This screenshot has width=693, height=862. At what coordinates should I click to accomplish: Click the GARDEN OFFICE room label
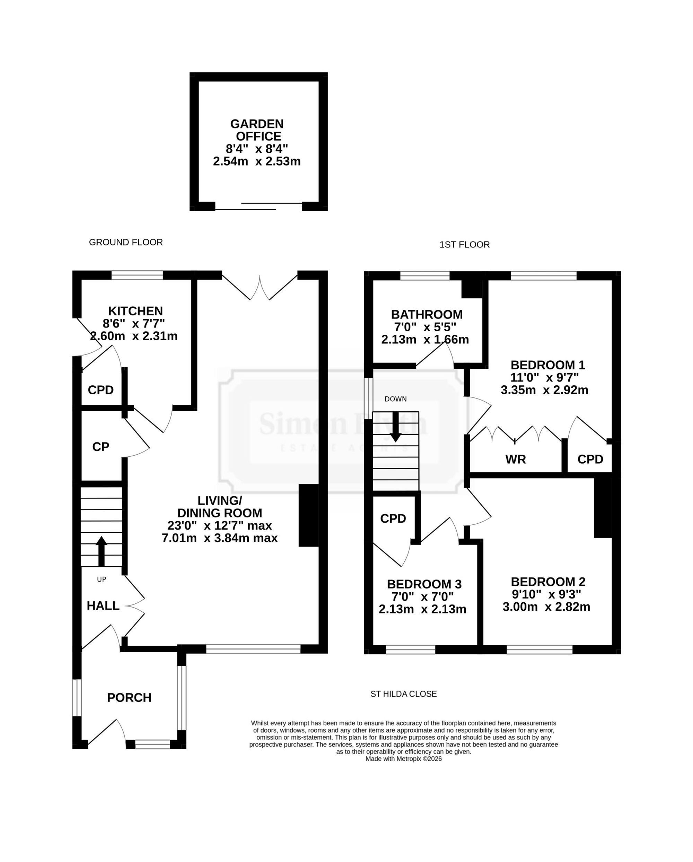(x=256, y=130)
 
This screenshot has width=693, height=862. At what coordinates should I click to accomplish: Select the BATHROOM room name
(x=427, y=314)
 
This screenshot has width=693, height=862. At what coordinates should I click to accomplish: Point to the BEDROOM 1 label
(x=548, y=365)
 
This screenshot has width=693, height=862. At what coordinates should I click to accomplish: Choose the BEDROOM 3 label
(x=424, y=584)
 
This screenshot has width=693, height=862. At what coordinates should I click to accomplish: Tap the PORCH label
(x=129, y=697)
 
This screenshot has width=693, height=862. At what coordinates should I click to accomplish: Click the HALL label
(x=103, y=606)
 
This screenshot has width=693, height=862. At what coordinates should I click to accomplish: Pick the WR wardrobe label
(x=515, y=459)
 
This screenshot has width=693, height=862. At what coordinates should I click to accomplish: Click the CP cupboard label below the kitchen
(x=100, y=447)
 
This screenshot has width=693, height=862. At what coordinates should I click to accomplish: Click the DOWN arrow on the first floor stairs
(x=396, y=426)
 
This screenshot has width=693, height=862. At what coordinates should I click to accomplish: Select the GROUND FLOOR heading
(x=126, y=242)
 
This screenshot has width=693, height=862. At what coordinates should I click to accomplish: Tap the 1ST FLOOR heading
(x=465, y=245)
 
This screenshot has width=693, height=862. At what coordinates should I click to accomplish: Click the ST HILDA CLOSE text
(x=403, y=694)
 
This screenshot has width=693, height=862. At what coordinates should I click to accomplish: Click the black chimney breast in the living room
(x=309, y=515)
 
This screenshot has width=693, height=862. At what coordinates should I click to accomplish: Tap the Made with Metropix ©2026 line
(x=403, y=759)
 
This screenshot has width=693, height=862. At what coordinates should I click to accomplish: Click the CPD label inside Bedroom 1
(x=590, y=459)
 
